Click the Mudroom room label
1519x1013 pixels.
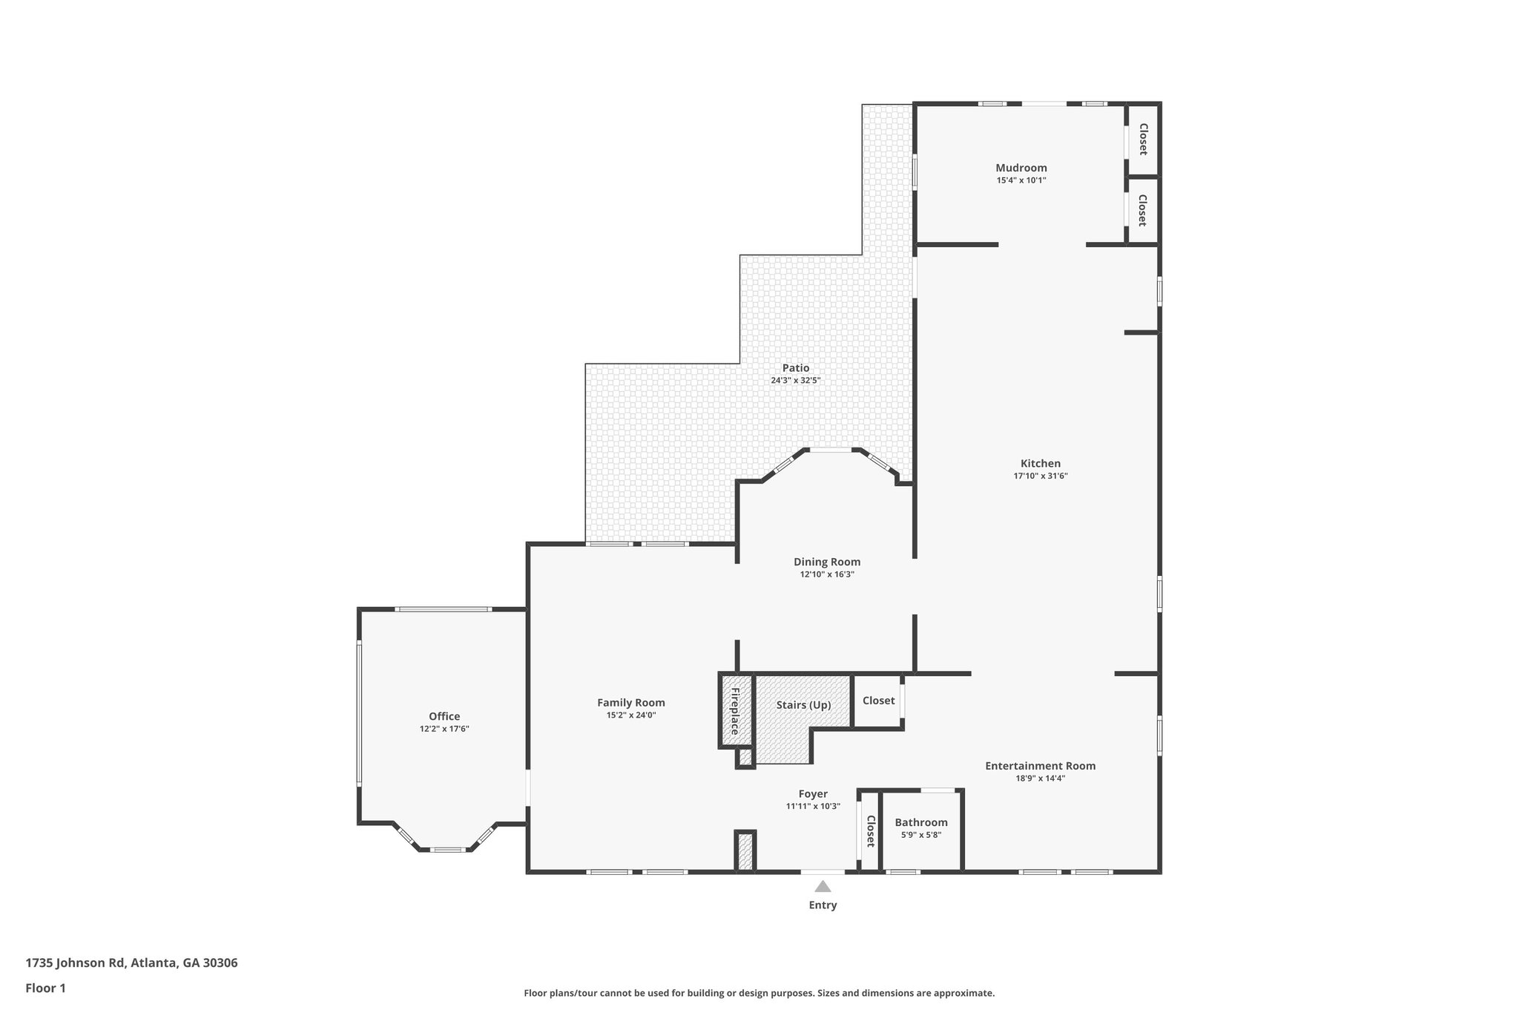[1021, 168]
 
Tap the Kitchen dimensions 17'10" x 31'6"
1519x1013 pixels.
[1040, 476]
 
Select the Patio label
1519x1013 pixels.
[795, 368]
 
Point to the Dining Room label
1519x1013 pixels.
[826, 562]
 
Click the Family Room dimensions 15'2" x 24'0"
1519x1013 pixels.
[630, 715]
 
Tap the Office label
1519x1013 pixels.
[444, 716]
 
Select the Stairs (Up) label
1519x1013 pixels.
[803, 705]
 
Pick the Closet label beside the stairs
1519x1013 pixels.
[878, 701]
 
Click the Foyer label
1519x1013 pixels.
[813, 794]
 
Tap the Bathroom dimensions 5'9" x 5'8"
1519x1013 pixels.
[920, 835]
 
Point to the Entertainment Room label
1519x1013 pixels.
[1040, 766]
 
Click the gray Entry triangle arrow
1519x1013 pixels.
[823, 886]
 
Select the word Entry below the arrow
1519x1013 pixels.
[823, 905]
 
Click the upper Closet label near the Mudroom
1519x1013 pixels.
[1143, 139]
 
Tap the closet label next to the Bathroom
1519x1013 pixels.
[870, 831]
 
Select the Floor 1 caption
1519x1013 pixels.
[45, 988]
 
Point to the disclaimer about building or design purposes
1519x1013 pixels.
[759, 993]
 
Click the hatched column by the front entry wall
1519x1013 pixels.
[745, 851]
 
